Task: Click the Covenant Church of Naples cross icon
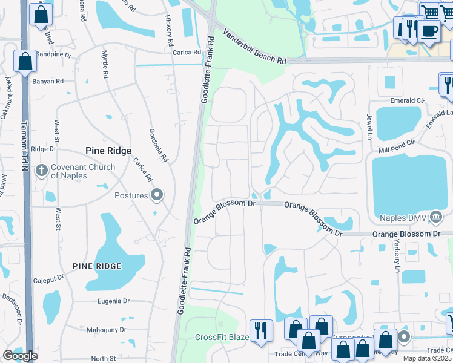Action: point(41,169)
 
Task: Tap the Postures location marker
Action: point(157,195)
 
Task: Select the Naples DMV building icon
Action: point(436,217)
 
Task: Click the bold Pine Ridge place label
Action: point(107,151)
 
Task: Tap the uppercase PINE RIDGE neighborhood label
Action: point(97,266)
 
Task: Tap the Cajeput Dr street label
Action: point(49,280)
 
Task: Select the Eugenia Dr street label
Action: point(113,301)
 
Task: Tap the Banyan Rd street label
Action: point(50,81)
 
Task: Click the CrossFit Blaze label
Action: point(222,337)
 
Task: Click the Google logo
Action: point(21,355)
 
